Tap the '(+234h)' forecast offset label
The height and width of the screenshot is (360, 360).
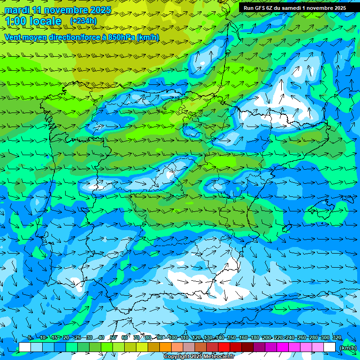[83, 21]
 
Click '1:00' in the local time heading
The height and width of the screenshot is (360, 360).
[15, 21]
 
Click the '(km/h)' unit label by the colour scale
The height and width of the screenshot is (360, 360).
[348, 347]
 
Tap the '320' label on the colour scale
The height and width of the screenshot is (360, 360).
[337, 337]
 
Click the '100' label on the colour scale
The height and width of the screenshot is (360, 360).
[173, 337]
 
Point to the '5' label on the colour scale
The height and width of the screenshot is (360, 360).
[30, 337]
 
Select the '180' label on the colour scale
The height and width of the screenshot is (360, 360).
[255, 337]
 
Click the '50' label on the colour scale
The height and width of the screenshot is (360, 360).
[113, 337]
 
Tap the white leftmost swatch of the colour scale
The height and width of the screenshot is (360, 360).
[25, 347]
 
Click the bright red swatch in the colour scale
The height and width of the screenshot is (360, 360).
[224, 347]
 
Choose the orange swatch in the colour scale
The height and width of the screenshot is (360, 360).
[165, 347]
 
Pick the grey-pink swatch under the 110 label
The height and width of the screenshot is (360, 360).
[189, 347]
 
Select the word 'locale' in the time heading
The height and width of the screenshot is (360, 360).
[45, 21]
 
